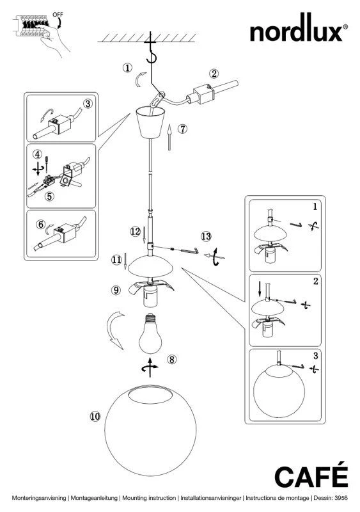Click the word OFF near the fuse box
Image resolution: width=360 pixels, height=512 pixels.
click(x=58, y=15)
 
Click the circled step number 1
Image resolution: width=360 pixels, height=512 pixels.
click(x=127, y=68)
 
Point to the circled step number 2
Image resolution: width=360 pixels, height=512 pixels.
click(x=214, y=74)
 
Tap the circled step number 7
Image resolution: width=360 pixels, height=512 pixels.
click(x=182, y=129)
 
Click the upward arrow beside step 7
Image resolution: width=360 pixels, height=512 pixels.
click(x=169, y=138)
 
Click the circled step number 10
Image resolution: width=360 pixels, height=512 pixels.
click(x=95, y=417)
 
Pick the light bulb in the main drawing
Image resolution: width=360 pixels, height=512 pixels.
click(x=150, y=333)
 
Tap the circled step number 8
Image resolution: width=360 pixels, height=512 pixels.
click(x=171, y=360)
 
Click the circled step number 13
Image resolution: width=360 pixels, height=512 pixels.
click(x=206, y=236)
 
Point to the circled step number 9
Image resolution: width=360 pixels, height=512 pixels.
click(x=116, y=290)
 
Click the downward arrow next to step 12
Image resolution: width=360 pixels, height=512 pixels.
click(x=145, y=235)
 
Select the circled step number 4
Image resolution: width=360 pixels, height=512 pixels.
click(x=38, y=154)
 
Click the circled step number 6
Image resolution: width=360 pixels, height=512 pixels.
click(x=41, y=225)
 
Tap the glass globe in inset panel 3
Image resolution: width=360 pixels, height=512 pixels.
click(x=279, y=391)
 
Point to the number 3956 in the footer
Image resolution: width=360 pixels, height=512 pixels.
click(x=341, y=498)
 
